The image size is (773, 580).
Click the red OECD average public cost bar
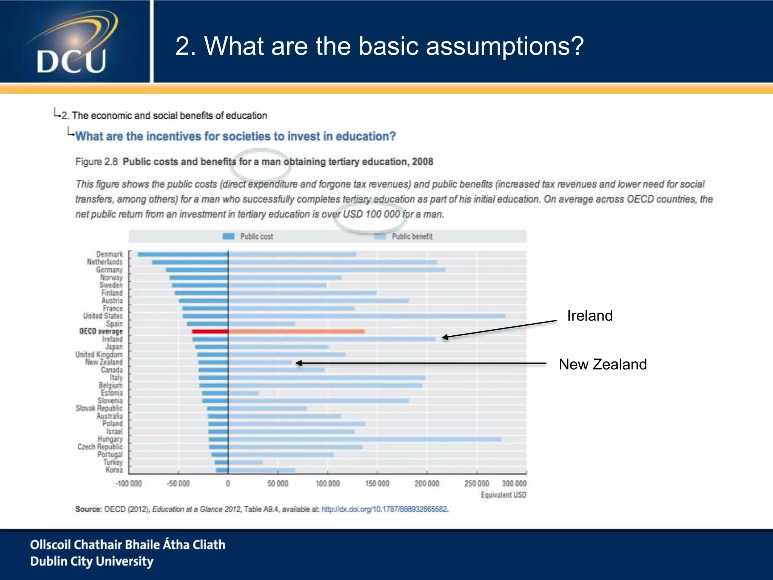210,332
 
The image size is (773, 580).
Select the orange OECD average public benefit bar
296,332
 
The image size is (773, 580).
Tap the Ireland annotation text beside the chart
590,316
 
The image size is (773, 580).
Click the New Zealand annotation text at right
602,364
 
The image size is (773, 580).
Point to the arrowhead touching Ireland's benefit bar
445,337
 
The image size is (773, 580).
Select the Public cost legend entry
248,236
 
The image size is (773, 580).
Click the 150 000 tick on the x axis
377,483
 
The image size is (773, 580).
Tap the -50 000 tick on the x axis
178,483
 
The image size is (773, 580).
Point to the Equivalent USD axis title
503,495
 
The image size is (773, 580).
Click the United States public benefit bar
366,316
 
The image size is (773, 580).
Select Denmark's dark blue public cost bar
183,255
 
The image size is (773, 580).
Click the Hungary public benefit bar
364,440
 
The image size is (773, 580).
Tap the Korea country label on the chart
114,470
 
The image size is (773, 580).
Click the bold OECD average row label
101,332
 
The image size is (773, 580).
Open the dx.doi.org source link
385,509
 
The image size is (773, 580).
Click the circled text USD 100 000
371,214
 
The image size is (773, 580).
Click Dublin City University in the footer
92,561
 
